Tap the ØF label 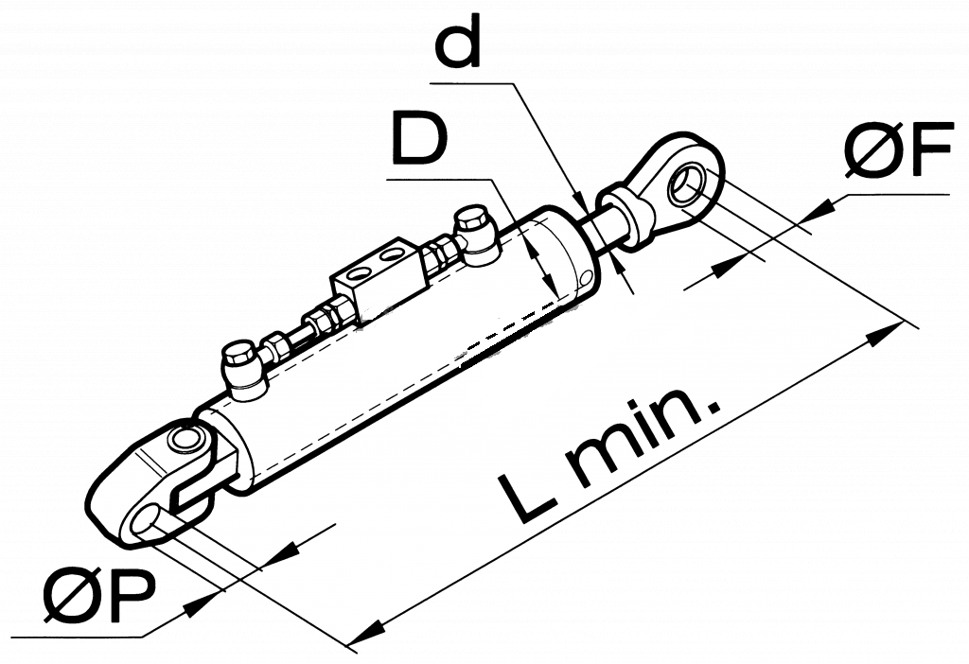[898, 149]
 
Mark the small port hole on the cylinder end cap [584, 279]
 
